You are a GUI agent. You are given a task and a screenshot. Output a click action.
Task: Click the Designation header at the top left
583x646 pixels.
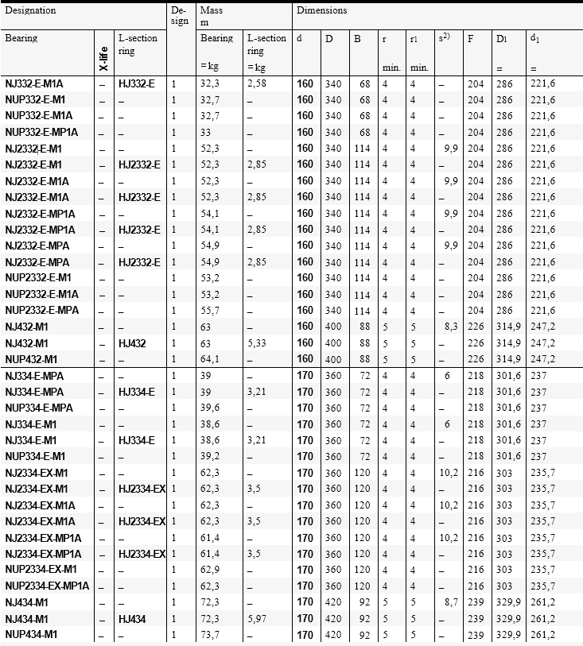[31, 12]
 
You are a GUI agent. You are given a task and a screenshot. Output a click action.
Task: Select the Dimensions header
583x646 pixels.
[321, 12]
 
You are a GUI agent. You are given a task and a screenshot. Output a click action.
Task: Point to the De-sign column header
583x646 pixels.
[180, 16]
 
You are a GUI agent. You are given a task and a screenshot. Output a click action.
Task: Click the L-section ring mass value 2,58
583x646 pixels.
[257, 83]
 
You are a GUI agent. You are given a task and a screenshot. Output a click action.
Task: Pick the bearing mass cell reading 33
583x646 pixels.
[206, 132]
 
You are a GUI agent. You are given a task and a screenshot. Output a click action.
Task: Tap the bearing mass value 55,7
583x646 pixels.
[209, 310]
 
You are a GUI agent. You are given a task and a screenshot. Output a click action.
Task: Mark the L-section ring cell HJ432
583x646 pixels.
[133, 342]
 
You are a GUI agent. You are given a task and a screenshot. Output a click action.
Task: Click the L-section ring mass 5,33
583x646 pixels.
[257, 342]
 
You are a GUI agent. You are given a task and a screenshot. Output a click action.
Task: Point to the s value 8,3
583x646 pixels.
[448, 326]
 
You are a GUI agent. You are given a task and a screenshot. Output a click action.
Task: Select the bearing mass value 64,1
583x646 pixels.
[209, 358]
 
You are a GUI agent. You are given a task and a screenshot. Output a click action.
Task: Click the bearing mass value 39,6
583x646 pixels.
[209, 408]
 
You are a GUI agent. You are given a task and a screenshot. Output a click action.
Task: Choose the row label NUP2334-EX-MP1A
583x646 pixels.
[47, 586]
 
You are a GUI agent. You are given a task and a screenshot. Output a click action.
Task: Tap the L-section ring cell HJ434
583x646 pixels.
[133, 618]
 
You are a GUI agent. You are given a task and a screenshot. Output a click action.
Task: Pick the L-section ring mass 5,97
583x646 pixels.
[257, 618]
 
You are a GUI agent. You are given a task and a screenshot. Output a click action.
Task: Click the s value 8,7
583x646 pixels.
[448, 602]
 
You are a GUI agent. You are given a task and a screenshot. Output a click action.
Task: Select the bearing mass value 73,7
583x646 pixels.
[209, 634]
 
